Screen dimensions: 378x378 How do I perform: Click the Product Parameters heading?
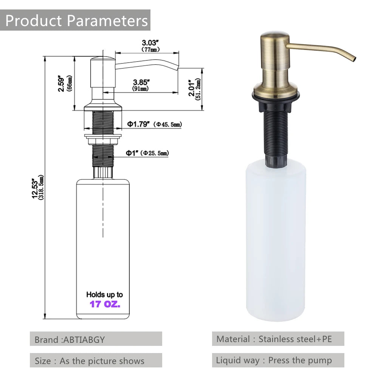(x=77, y=20)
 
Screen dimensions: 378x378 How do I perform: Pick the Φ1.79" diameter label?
(x=139, y=124)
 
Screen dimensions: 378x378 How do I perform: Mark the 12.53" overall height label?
(x=35, y=189)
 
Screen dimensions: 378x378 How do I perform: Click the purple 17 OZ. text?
(x=105, y=304)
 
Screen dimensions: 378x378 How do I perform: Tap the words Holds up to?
(x=105, y=294)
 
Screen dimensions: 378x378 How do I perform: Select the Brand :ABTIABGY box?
(x=96, y=339)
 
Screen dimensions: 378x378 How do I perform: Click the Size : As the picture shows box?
(x=96, y=361)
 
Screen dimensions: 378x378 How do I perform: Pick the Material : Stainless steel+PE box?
(x=278, y=339)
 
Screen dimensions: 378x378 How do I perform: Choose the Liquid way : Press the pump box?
(x=278, y=361)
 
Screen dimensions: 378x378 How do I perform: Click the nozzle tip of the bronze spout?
(x=353, y=59)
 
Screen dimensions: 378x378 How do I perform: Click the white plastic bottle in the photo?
(x=276, y=242)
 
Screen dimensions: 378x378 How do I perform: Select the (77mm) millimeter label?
(x=150, y=50)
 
